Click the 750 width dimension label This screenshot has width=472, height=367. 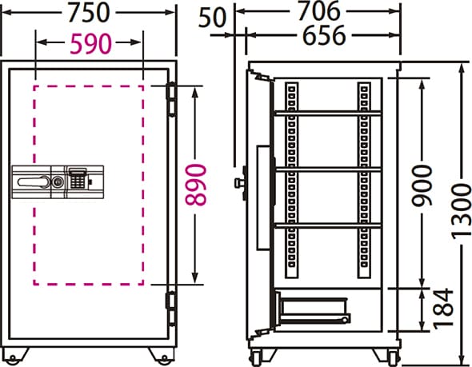click(x=88, y=12)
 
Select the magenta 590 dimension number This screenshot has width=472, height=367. click(x=90, y=44)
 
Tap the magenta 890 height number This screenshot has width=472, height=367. click(x=196, y=185)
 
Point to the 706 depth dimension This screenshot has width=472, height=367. click(x=319, y=11)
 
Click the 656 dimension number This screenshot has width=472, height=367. click(x=324, y=35)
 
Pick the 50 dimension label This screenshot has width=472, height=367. click(x=212, y=18)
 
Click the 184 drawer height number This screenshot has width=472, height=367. click(x=443, y=308)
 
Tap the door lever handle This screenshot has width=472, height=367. click(x=34, y=182)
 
